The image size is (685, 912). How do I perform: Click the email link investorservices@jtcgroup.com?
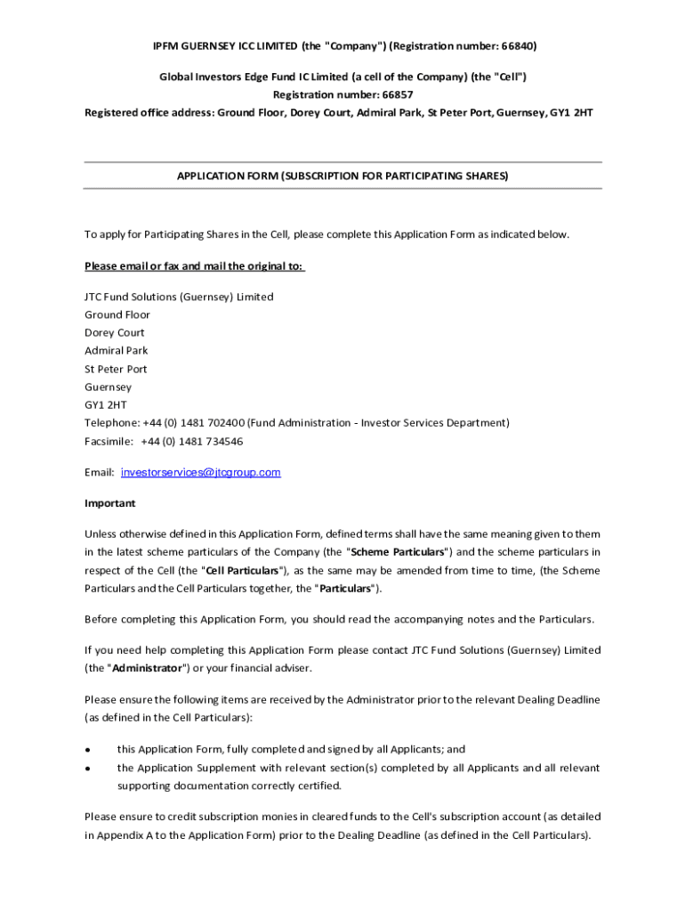coord(200,472)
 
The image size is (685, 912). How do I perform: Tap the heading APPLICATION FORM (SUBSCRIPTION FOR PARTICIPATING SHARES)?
coord(342,176)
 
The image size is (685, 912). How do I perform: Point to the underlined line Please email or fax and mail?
coord(194,266)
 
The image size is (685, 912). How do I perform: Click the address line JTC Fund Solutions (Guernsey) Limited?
coord(179,297)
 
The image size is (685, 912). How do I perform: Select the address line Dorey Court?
coord(115,332)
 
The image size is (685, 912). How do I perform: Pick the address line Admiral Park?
coord(117,351)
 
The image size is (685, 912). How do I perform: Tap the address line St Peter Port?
coord(116,369)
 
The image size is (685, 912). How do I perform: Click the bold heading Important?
coord(110,503)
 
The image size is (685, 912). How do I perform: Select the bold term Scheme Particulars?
coord(397,552)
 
